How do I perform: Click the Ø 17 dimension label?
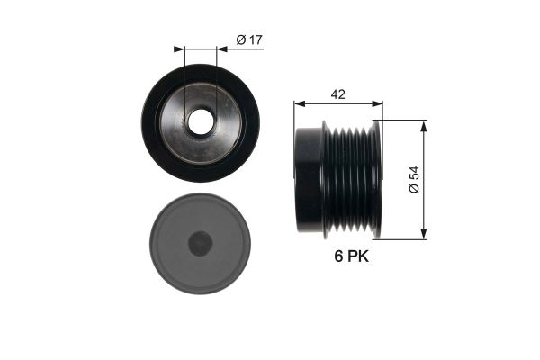[249, 40]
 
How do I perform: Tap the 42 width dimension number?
[337, 94]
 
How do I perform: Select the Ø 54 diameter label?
[414, 179]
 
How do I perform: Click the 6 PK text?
[351, 256]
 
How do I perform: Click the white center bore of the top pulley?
[201, 122]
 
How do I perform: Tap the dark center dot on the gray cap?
[200, 243]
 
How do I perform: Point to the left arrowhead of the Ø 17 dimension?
[179, 49]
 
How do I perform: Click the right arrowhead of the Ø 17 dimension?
[222, 49]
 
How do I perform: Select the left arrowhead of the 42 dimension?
[300, 103]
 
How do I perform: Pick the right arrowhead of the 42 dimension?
[377, 103]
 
